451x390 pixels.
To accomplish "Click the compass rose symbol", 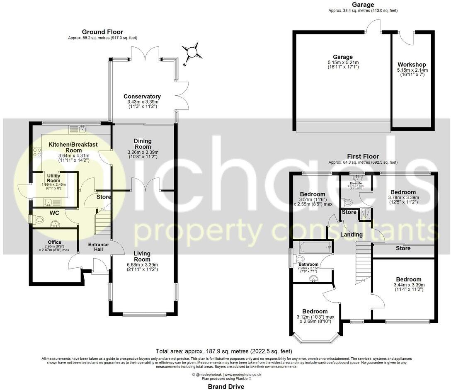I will coord(192,53).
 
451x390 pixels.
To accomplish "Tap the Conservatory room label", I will coord(142,97).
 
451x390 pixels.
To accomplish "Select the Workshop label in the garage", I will coord(411,65).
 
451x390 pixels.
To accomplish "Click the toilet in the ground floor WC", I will coord(38,219).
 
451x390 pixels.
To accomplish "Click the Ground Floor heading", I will coord(102,32).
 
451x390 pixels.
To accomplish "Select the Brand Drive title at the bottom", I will coord(225,386).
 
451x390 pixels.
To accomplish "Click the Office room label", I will coord(54,242).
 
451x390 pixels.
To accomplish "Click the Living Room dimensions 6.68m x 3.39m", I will coord(142,264).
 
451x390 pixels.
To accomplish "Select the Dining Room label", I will coord(142,144).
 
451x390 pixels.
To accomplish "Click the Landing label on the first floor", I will coord(352,235).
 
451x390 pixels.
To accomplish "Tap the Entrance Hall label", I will coord(98,247).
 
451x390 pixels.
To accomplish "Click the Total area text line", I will coord(225,350).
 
